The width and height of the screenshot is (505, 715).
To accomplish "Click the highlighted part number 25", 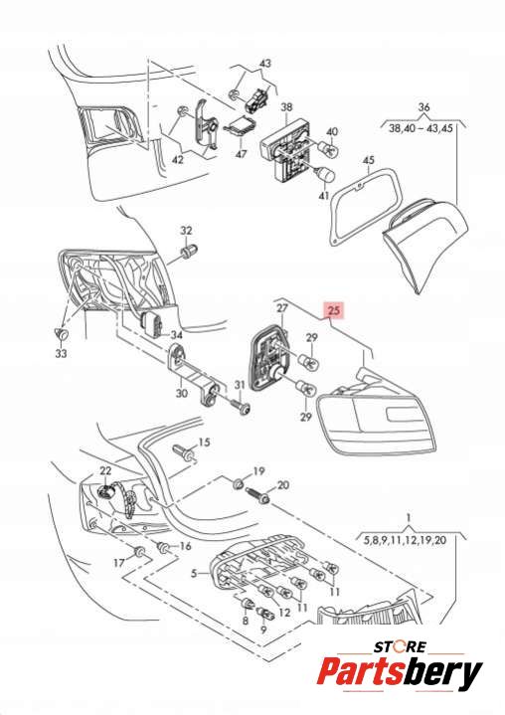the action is tap(334, 310).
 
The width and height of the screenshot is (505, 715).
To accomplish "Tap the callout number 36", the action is tap(423, 107).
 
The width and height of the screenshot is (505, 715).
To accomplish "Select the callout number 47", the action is tap(242, 154).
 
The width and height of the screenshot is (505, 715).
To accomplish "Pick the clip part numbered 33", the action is tap(60, 334).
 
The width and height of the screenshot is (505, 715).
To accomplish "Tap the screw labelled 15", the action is tap(185, 453).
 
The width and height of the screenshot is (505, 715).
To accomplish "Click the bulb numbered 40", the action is tap(327, 148).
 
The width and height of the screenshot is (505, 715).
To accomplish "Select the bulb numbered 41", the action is tap(324, 174).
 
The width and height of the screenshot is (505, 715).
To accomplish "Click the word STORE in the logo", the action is tap(401, 646).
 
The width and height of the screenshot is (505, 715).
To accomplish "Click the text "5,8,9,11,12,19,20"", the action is tap(405, 541).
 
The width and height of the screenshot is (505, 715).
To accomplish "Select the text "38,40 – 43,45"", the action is tap(421, 128).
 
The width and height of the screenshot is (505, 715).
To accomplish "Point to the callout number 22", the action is tap(105, 470).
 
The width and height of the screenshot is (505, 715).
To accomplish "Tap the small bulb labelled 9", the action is tap(263, 615).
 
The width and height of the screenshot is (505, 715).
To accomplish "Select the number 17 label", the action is tap(119, 563).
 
